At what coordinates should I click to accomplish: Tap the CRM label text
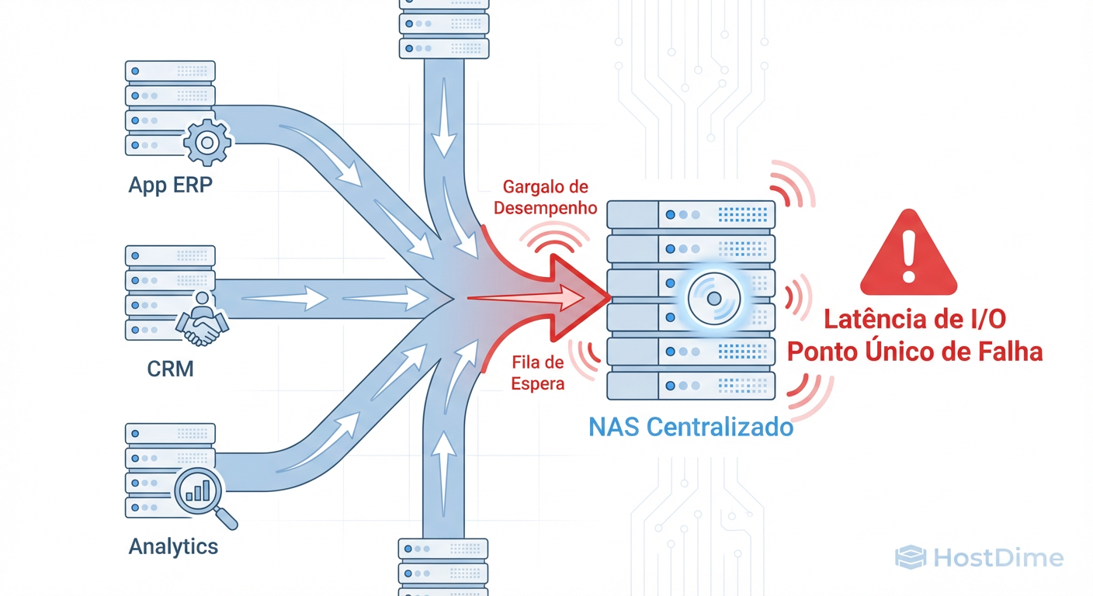click(170, 368)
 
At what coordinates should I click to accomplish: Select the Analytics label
click(173, 546)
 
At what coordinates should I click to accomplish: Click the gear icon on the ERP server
click(206, 143)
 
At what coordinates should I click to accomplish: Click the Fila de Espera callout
click(538, 372)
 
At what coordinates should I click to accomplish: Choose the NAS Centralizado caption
click(691, 427)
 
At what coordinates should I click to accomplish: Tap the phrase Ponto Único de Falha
click(914, 351)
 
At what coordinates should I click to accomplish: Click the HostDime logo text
click(997, 557)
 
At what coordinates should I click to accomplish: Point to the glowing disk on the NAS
click(713, 299)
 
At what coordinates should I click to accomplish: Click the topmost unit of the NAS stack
click(691, 213)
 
